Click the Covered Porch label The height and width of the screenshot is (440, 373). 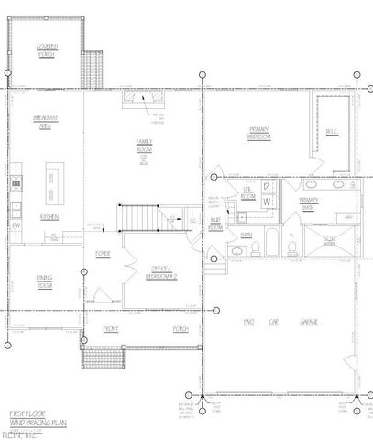click(46, 49)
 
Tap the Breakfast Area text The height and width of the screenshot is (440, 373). click(46, 123)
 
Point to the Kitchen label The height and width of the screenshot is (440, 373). click(49, 217)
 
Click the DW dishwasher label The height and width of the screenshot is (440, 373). click(16, 225)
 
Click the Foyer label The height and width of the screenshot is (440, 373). click(103, 254)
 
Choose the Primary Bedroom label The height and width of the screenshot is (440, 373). click(258, 136)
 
